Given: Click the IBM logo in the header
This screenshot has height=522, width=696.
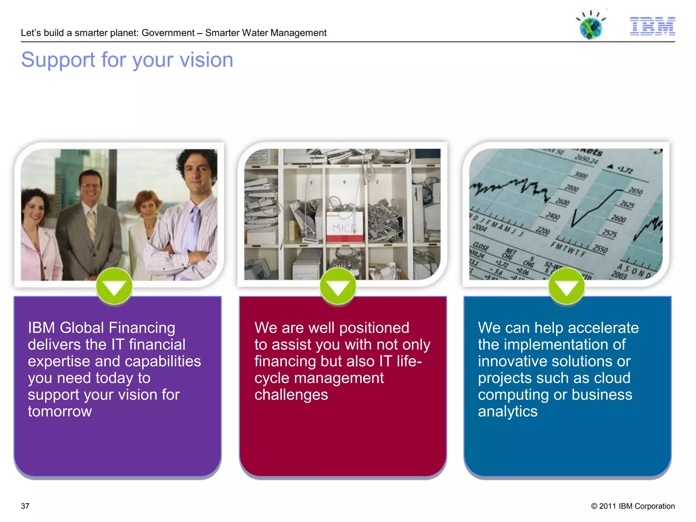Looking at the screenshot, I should (652, 26).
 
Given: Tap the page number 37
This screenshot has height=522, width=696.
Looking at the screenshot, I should (25, 506).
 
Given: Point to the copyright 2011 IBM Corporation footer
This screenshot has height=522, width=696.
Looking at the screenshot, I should (633, 506).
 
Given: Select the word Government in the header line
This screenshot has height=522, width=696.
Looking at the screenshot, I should (168, 33).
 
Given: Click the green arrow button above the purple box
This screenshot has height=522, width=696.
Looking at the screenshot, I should (114, 286).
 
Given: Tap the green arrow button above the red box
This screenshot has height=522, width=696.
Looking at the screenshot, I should (338, 286).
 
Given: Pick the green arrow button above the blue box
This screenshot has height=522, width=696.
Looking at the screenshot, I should (567, 286).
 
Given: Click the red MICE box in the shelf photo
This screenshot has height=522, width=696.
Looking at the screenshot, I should (345, 227).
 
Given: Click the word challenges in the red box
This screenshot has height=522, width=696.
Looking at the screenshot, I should (291, 395).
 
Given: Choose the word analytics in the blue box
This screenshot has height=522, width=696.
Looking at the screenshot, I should (508, 412).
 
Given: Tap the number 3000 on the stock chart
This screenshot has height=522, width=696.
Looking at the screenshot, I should (580, 175).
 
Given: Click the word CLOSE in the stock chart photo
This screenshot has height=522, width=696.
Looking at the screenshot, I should (481, 247).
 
